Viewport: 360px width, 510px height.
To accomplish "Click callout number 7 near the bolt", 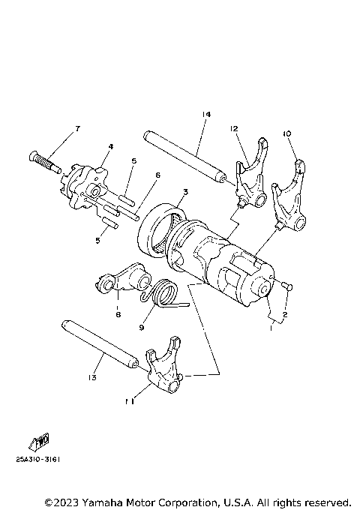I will [76, 130].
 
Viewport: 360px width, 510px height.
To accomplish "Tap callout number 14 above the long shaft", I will [205, 114].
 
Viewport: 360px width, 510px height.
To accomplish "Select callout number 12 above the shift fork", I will [234, 129].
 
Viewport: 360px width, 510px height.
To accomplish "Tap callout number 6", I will [158, 175].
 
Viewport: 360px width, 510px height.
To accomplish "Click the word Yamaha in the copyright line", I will [108, 500].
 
